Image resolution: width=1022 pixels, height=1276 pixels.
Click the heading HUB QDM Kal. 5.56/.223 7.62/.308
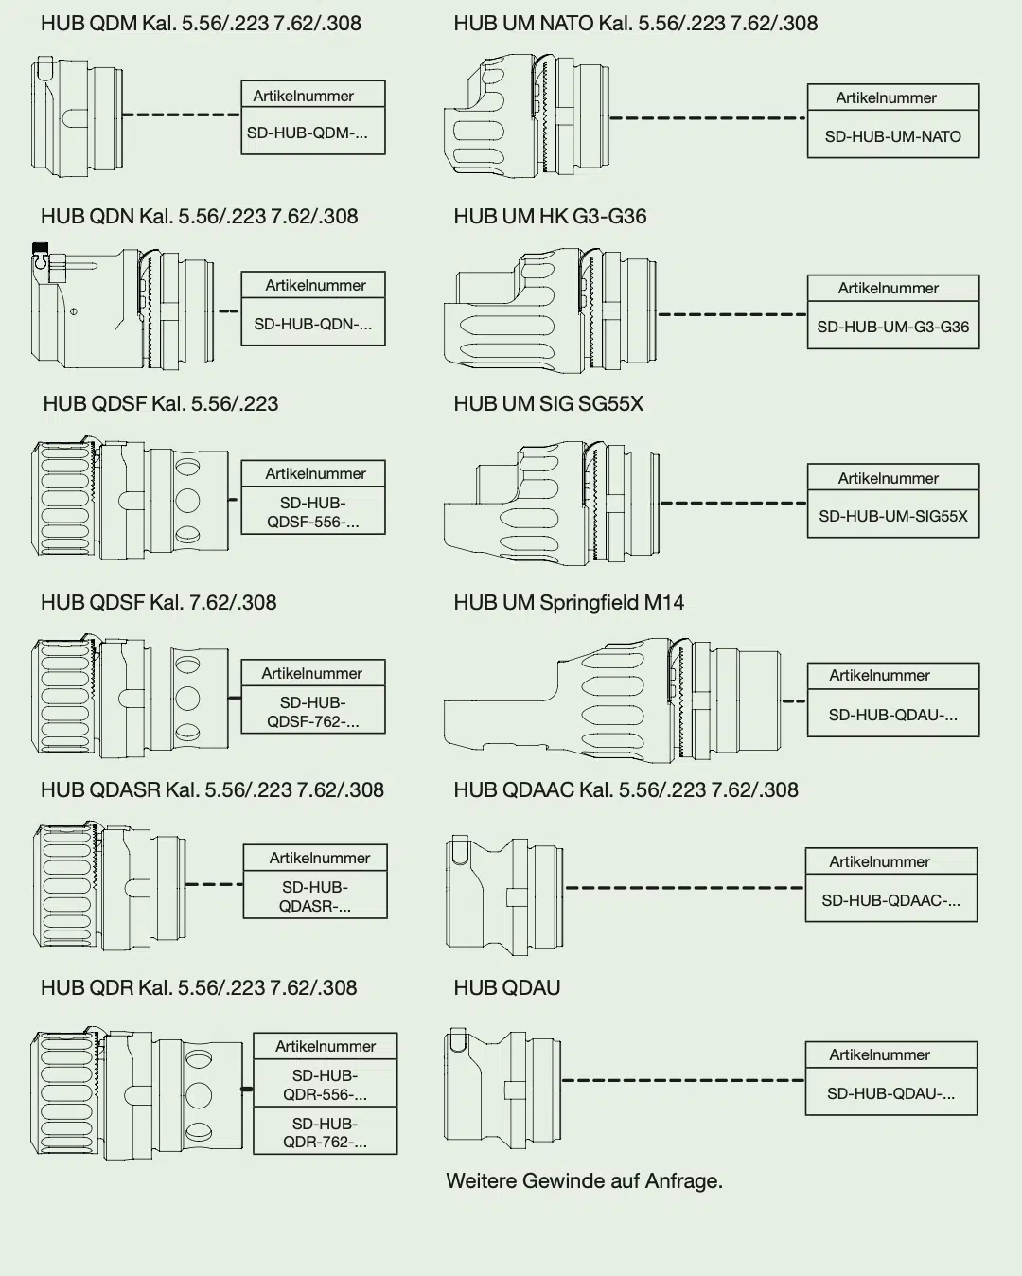201,24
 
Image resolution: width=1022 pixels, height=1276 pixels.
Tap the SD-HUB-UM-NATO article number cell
892,136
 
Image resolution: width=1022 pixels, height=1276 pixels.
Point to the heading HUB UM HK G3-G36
550,217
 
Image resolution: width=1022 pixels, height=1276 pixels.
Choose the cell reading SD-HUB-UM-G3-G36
892,327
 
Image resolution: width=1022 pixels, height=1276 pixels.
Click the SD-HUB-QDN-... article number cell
313,324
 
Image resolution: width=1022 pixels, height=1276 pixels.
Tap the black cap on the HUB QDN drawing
40,247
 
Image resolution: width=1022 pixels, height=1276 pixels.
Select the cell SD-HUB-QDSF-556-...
313,512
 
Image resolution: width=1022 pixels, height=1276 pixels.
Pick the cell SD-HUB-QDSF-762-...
313,712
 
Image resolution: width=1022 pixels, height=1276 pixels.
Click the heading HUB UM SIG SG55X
548,404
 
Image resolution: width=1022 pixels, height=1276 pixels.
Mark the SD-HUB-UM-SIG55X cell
892,517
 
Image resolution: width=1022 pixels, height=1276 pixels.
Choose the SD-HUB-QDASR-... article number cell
315,896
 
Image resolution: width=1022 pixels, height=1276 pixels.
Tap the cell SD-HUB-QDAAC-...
890,900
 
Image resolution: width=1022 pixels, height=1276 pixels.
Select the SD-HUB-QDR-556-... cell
325,1085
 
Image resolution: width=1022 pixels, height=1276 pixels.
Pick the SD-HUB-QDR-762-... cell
325,1132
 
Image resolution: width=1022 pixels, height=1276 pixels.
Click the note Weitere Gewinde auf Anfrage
584,1181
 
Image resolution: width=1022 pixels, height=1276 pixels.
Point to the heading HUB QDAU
507,988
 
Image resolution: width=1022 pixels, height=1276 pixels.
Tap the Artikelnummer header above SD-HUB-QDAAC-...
879,861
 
